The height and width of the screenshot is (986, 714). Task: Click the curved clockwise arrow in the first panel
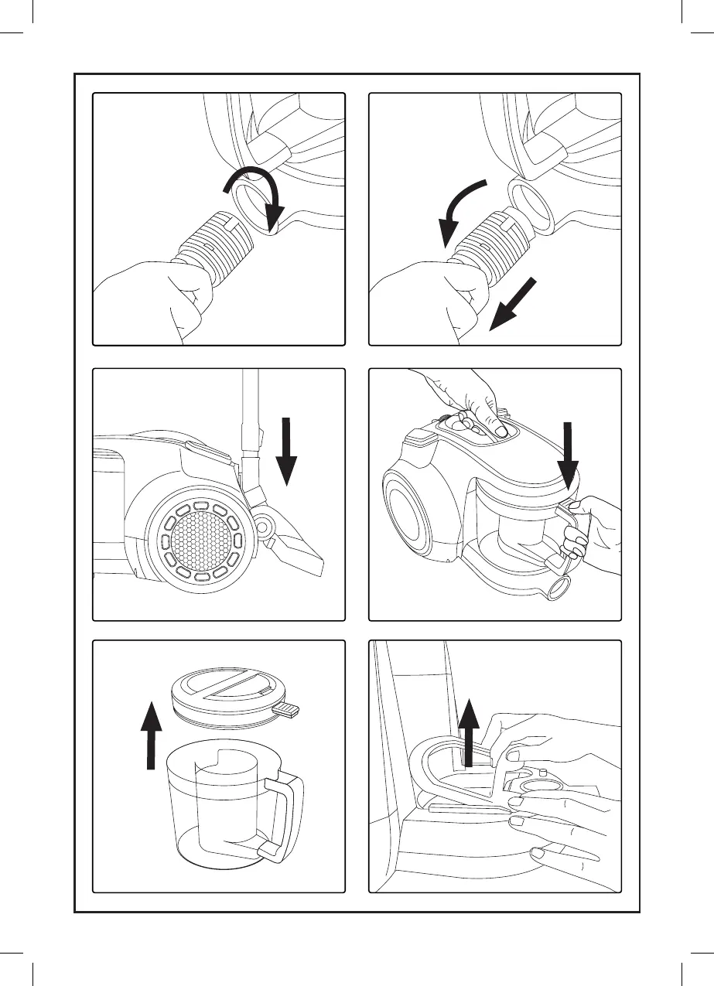pyautogui.click(x=255, y=186)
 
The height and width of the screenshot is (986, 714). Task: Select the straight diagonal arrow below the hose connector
pyautogui.click(x=514, y=305)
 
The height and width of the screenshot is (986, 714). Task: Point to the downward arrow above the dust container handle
pyautogui.click(x=569, y=456)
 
